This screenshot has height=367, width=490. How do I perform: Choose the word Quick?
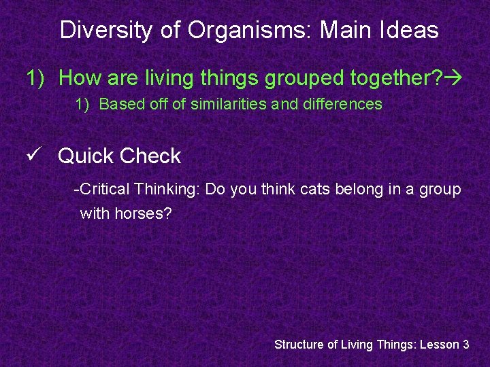click(86, 156)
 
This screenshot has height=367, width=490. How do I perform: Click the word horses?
click(144, 213)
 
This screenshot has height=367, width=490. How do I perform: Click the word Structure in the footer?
click(299, 345)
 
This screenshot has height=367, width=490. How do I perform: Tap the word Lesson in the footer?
click(439, 345)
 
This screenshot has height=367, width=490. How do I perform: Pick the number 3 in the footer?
click(466, 345)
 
